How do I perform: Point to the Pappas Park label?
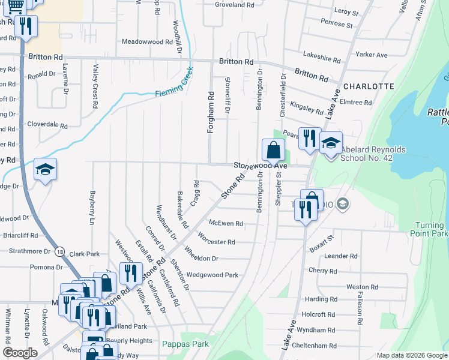click(x=185, y=344)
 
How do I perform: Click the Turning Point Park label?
click(x=431, y=229)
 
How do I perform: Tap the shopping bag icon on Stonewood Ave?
click(x=273, y=149)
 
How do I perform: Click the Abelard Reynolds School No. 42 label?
click(x=373, y=154)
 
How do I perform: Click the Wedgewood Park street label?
click(x=212, y=275)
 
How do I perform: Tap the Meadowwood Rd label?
click(x=147, y=42)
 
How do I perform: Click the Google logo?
click(x=20, y=353)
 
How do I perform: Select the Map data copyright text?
click(x=411, y=355)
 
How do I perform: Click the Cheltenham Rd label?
click(x=316, y=346)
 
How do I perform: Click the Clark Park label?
click(x=84, y=254)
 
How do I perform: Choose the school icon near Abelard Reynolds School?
click(x=330, y=144)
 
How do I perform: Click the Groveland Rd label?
click(x=235, y=5)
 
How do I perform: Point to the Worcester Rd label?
click(x=216, y=242)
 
